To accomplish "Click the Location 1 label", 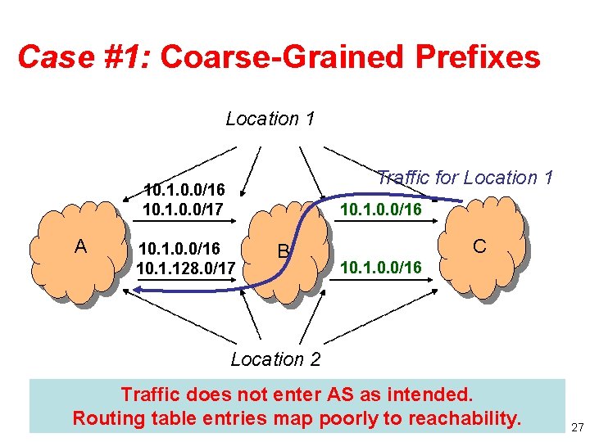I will coord(270,119).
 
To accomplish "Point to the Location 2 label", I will coord(276,359).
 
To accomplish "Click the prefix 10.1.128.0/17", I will coord(187,268).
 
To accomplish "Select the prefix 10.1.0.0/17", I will coord(184,210).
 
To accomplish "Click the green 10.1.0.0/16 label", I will coord(381,210).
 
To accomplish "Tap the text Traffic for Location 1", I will coord(465,177).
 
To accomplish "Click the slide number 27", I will coord(575,426).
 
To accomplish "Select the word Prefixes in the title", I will coord(479,57).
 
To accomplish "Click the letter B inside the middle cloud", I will coord(283,251).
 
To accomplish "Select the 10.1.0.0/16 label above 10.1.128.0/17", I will coord(179,247).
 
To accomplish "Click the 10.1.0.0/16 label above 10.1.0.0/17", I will coord(184,191).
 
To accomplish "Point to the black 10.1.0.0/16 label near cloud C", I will coord(381,267).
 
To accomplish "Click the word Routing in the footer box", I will coord(106,418).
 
